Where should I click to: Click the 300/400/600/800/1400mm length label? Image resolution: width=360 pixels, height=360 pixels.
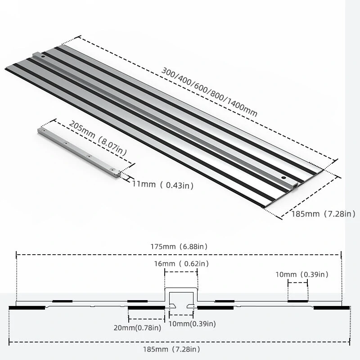tap(210, 94)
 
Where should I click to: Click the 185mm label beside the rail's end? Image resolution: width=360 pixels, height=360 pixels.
tap(318, 213)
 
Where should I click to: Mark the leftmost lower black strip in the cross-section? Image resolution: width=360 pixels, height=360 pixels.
tap(27, 308)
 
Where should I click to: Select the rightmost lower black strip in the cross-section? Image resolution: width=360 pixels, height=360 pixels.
tap(332, 308)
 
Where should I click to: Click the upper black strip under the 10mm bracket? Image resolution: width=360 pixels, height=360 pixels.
tap(298, 301)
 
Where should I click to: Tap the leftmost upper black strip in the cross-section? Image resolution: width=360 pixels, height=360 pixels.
tap(62, 301)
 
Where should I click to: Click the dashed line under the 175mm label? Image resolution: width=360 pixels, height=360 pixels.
tap(112, 255)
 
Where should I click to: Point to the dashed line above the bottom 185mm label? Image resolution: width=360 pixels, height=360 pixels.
tap(112, 343)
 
